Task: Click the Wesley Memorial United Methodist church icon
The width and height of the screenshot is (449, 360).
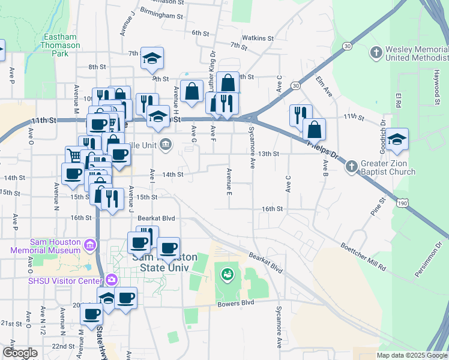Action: (376, 52)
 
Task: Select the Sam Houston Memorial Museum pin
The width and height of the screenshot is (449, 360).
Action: (90, 245)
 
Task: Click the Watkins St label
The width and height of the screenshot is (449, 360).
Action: (259, 38)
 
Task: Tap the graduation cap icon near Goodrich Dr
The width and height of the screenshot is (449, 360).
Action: (397, 140)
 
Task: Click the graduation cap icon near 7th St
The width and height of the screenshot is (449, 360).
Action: (152, 58)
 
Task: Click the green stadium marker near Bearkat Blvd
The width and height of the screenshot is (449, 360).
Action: (227, 275)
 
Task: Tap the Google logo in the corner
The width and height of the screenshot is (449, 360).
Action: (20, 353)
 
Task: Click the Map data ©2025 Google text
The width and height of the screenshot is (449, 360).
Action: (411, 355)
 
